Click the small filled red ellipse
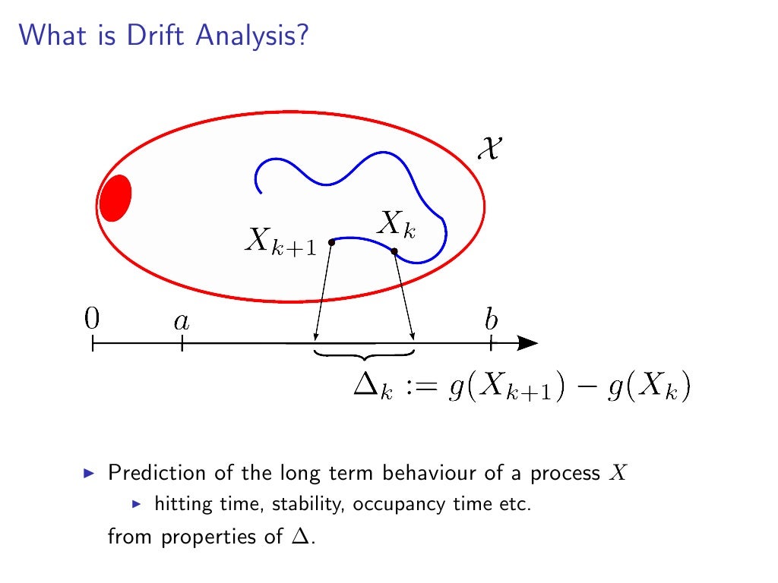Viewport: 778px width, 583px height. point(115,197)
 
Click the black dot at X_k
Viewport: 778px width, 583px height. point(394,251)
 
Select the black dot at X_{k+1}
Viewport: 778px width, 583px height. point(332,242)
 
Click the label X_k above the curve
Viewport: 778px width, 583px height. point(397,225)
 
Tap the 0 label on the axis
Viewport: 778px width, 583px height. point(92,320)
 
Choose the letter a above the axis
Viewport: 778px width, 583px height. point(182,322)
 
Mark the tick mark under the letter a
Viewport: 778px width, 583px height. point(182,344)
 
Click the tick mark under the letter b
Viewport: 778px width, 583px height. point(492,344)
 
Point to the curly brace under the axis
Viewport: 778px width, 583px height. point(365,354)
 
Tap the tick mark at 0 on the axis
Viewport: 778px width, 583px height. point(92,344)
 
